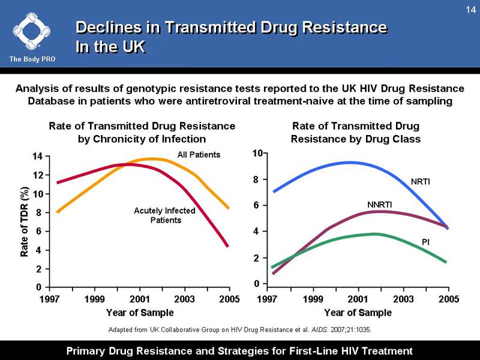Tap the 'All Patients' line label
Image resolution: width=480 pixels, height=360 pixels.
(199, 155)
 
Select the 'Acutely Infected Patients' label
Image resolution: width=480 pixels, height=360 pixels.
(164, 215)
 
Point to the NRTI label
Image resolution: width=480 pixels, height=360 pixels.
(421, 181)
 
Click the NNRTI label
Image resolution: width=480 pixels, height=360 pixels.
(379, 205)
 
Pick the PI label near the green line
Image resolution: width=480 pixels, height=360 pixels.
(425, 242)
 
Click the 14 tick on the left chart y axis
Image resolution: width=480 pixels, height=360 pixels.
(37, 157)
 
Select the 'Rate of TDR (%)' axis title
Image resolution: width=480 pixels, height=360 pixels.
(25, 222)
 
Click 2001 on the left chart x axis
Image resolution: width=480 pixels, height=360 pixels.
(140, 299)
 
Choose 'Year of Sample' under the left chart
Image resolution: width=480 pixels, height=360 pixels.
(140, 313)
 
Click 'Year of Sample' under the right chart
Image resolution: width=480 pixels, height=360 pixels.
(358, 313)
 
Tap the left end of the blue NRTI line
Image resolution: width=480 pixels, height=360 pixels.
(274, 191)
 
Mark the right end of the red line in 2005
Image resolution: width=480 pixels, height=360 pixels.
(227, 245)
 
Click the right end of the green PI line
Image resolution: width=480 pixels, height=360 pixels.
(446, 262)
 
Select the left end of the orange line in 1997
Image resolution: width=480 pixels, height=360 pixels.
(58, 212)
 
